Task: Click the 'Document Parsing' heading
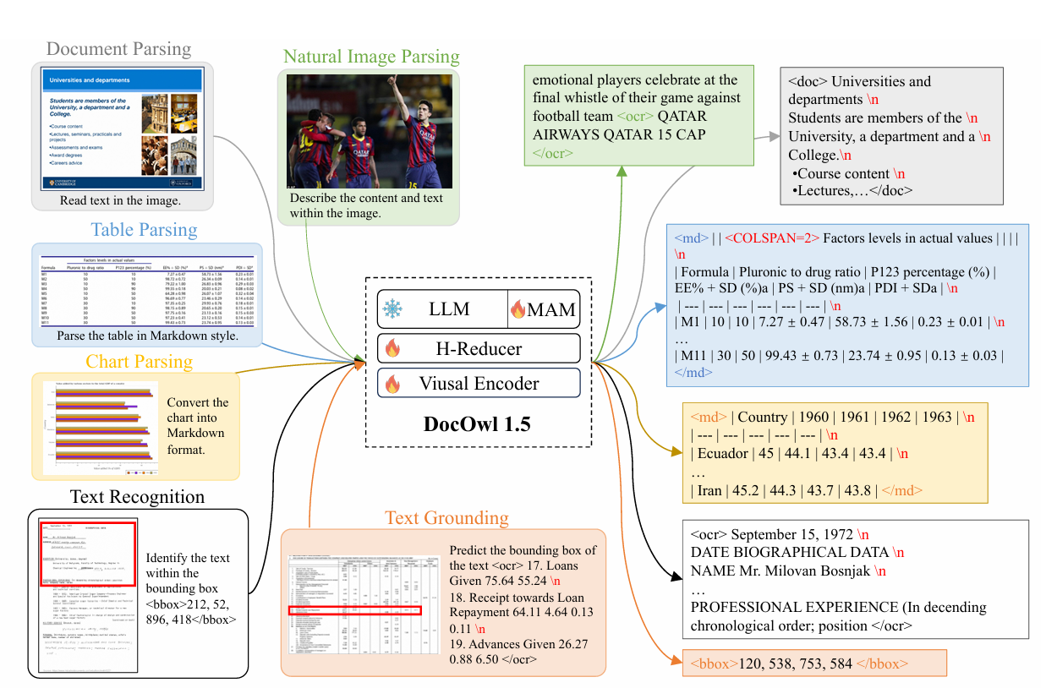pos(118,49)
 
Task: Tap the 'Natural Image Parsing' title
pos(371,57)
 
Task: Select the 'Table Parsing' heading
pos(144,230)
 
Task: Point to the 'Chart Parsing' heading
pos(139,362)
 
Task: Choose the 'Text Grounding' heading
pos(446,517)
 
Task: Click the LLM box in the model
pos(450,309)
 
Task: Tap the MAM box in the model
pos(544,309)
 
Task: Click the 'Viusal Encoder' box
pos(479,383)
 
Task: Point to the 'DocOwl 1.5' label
pos(477,423)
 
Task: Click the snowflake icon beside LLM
pos(392,309)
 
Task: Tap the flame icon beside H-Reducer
pos(392,347)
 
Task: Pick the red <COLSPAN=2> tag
pos(771,238)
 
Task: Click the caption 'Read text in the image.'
pos(119,200)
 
